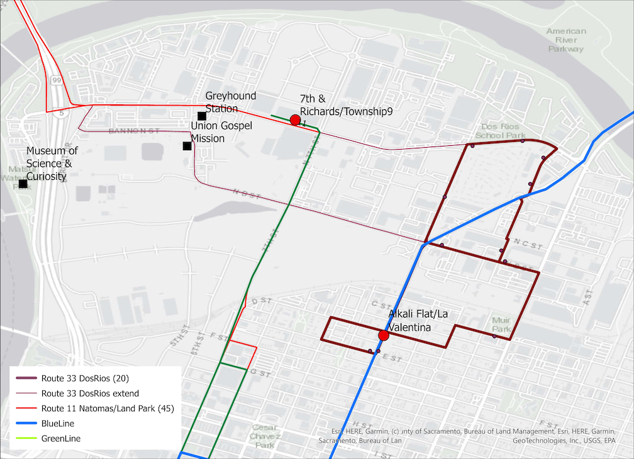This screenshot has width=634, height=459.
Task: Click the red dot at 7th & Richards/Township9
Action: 295,119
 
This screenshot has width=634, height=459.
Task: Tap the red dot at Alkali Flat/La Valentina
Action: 384,336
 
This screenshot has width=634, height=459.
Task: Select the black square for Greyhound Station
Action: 202,116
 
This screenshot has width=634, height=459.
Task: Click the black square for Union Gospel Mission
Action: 187,146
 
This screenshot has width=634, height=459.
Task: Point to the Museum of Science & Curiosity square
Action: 23,184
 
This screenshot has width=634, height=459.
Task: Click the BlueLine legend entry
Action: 58,424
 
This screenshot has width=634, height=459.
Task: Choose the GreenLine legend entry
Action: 60,439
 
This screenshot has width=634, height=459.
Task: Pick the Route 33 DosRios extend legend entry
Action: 90,394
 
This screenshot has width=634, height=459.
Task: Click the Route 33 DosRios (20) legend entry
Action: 85,379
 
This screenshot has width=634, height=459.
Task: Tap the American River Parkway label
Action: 566,40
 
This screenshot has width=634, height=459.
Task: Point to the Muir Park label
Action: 501,324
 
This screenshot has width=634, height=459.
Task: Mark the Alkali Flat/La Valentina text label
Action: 418,321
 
